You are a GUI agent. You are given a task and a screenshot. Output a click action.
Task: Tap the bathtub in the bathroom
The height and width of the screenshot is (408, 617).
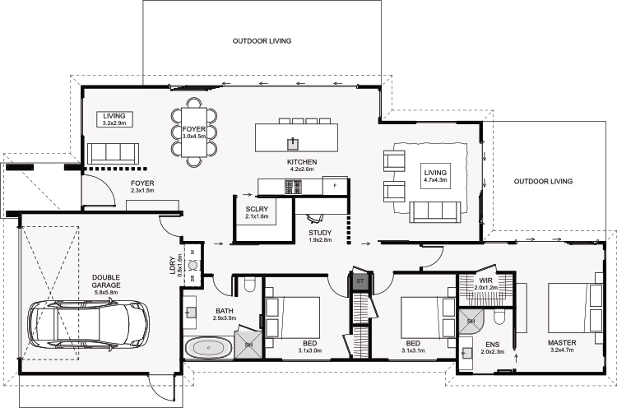209,347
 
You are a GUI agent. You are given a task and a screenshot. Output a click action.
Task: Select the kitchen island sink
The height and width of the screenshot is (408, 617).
293,145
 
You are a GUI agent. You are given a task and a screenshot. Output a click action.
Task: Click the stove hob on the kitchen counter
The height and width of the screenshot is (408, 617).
293,187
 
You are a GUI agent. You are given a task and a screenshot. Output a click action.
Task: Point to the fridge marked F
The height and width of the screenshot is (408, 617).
335,186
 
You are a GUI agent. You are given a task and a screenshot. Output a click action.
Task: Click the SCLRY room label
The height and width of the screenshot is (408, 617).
257,209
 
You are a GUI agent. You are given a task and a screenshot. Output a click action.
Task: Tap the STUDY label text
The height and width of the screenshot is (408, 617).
320,233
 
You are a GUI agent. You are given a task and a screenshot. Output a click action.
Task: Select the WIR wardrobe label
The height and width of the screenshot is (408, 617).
485,280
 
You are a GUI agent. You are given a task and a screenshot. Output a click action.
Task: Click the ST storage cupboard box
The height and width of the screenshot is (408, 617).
360,281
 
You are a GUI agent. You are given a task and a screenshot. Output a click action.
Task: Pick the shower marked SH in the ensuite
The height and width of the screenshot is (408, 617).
471,321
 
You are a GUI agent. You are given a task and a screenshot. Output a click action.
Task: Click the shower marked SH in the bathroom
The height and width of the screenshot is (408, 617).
248,345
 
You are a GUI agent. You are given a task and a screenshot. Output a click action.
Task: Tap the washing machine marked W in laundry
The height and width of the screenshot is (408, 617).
193,253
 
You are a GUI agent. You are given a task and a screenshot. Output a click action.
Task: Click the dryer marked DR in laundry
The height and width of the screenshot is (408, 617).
193,278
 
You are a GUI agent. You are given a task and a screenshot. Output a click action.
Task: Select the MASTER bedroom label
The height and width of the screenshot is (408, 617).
562,343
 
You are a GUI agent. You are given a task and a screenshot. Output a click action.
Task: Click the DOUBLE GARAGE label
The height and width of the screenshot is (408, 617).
106,281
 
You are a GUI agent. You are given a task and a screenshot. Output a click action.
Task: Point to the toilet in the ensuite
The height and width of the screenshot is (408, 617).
499,318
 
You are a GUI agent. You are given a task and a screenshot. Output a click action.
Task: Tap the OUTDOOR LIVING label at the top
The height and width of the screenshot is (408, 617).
262,41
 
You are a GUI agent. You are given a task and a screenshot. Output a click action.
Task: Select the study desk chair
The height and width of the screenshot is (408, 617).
316,217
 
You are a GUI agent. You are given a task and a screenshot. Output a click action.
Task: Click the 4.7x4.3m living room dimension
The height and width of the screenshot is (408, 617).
435,180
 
